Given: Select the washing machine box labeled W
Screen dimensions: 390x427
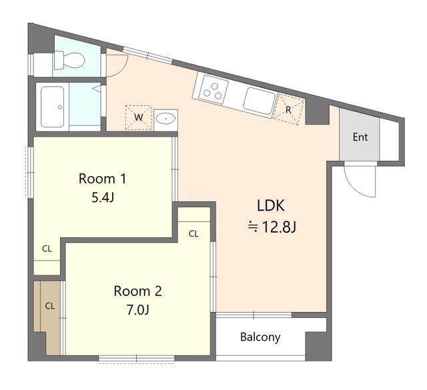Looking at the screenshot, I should (139, 117).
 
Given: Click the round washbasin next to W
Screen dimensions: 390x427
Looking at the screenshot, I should (166, 119).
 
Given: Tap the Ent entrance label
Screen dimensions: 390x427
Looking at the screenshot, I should (360, 138).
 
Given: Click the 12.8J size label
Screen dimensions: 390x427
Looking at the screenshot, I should (272, 227).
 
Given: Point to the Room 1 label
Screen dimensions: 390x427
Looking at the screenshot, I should (103, 178).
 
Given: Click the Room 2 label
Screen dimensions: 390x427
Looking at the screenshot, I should (137, 291).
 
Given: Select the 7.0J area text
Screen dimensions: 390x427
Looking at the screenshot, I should (137, 310).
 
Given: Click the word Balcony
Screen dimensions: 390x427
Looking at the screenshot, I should (260, 337).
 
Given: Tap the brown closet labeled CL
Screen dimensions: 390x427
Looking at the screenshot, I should (49, 306).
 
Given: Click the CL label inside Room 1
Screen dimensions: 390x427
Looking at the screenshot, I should (47, 249).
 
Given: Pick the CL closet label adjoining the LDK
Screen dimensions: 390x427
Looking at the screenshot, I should (193, 233).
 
